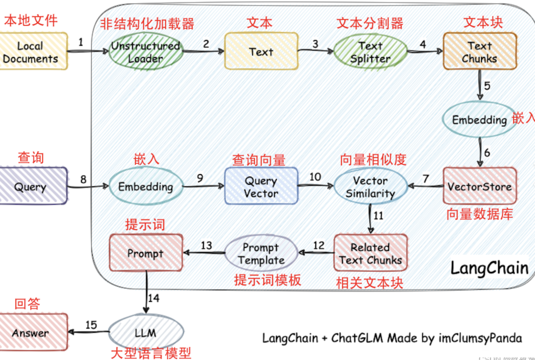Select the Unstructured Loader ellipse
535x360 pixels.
(x=145, y=52)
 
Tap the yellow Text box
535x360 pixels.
(x=261, y=51)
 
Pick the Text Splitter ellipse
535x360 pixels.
(x=371, y=52)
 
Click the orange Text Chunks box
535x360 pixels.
(x=479, y=52)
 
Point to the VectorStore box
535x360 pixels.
(x=479, y=187)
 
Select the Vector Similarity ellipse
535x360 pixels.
(x=371, y=187)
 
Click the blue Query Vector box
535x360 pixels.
(x=261, y=187)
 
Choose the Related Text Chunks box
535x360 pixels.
(x=371, y=253)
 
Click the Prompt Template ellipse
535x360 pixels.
(x=261, y=253)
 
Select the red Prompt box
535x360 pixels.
(x=145, y=253)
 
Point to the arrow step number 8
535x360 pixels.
(x=83, y=179)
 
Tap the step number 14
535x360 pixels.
(x=155, y=298)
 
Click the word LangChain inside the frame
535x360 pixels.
(x=489, y=268)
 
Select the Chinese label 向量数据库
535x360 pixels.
(x=479, y=214)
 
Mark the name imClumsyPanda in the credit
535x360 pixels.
(x=480, y=338)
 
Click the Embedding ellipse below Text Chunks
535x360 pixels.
(x=479, y=120)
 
